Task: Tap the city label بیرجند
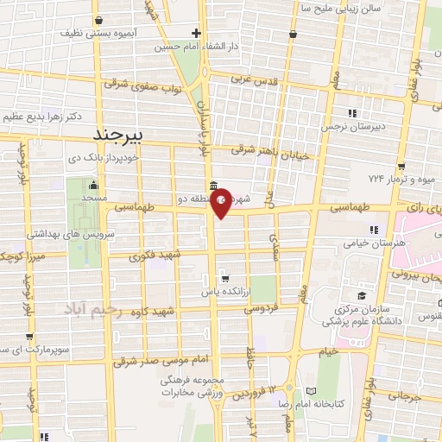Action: point(123,136)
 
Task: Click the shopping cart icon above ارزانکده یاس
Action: point(224,279)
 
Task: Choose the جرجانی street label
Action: point(404,396)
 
